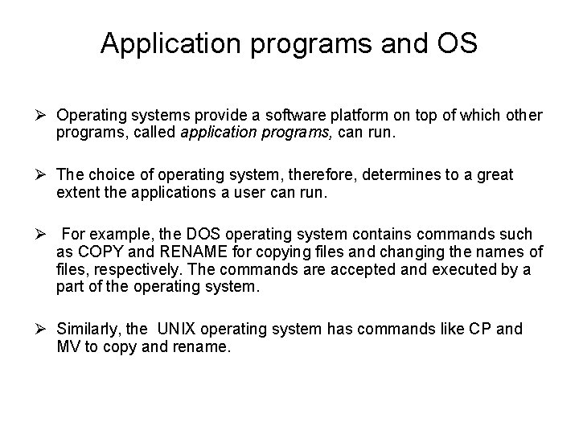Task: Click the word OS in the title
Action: [x=457, y=43]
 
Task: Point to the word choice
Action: [x=106, y=174]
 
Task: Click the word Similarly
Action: [x=88, y=329]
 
